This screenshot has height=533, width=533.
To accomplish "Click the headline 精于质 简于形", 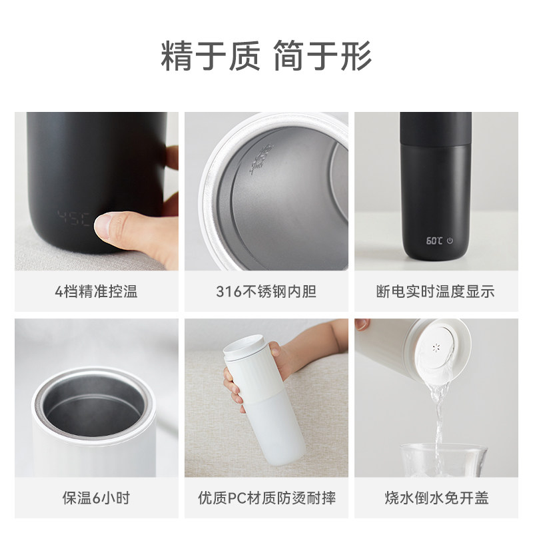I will tap(266, 55).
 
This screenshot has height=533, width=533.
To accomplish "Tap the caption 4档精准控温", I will tap(97, 292).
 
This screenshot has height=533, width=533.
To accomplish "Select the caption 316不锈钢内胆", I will tap(266, 292).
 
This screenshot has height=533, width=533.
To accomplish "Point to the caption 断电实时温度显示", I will tap(436, 292).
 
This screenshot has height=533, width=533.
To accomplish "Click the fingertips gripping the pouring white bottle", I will tap(362, 324).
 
